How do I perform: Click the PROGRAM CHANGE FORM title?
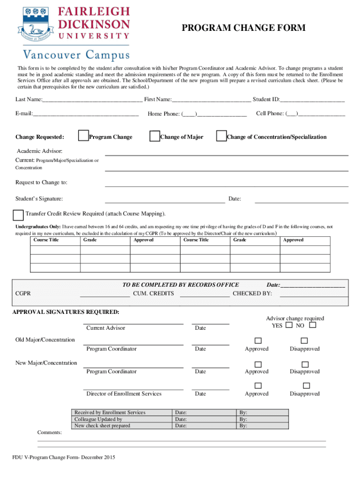coord(243,29)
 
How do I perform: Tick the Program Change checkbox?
coord(83,136)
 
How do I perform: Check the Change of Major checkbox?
coord(154,136)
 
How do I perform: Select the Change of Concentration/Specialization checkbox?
coord(221,136)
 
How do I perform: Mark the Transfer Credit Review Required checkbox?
coord(18,215)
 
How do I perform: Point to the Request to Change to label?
coord(41,182)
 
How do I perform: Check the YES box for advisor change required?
coord(289,325)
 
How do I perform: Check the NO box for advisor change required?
coord(312,325)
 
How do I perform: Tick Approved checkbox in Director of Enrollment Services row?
coord(258,385)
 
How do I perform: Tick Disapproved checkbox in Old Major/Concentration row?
coord(305,341)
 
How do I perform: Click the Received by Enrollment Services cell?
coord(110,413)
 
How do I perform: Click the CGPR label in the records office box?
coord(23,293)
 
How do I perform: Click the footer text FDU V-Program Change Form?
coord(64,457)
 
